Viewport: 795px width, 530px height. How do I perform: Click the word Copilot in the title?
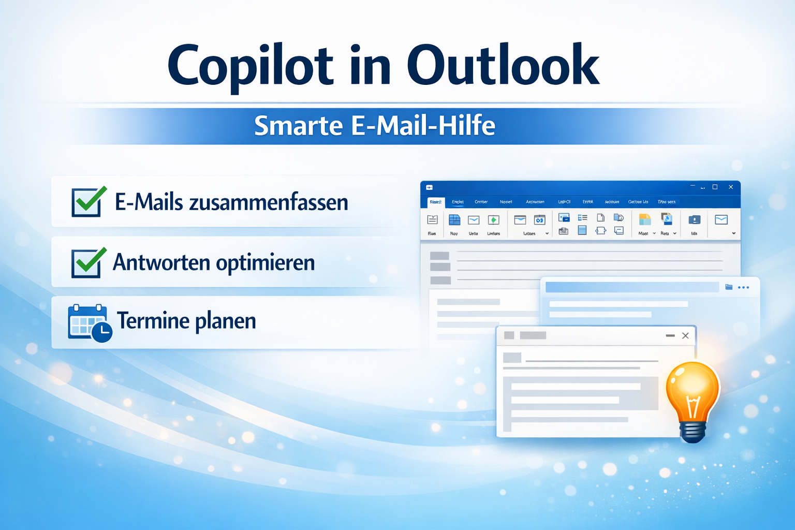click(x=251, y=66)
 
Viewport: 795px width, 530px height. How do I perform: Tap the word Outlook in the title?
click(x=503, y=65)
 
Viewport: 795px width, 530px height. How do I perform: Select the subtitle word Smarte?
click(x=298, y=126)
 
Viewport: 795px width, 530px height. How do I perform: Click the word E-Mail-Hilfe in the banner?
click(x=423, y=126)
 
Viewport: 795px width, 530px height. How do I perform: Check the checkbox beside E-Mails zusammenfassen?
click(x=86, y=202)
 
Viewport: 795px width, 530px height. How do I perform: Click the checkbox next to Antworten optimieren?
click(x=86, y=263)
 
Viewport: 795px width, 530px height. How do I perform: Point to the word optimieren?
click(x=265, y=263)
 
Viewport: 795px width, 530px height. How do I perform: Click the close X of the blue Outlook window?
click(x=731, y=187)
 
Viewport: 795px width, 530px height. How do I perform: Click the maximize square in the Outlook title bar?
click(x=715, y=187)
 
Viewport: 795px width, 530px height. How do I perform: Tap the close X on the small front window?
click(x=685, y=335)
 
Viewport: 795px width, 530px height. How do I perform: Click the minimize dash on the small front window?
click(x=670, y=335)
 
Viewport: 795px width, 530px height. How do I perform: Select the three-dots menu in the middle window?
click(x=743, y=287)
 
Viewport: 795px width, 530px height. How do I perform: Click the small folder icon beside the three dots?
click(x=729, y=287)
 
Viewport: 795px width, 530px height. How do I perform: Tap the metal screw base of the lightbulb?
click(x=693, y=431)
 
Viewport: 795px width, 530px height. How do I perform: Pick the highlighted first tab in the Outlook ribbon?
click(x=435, y=202)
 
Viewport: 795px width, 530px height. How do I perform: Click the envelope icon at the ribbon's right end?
click(x=721, y=220)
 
